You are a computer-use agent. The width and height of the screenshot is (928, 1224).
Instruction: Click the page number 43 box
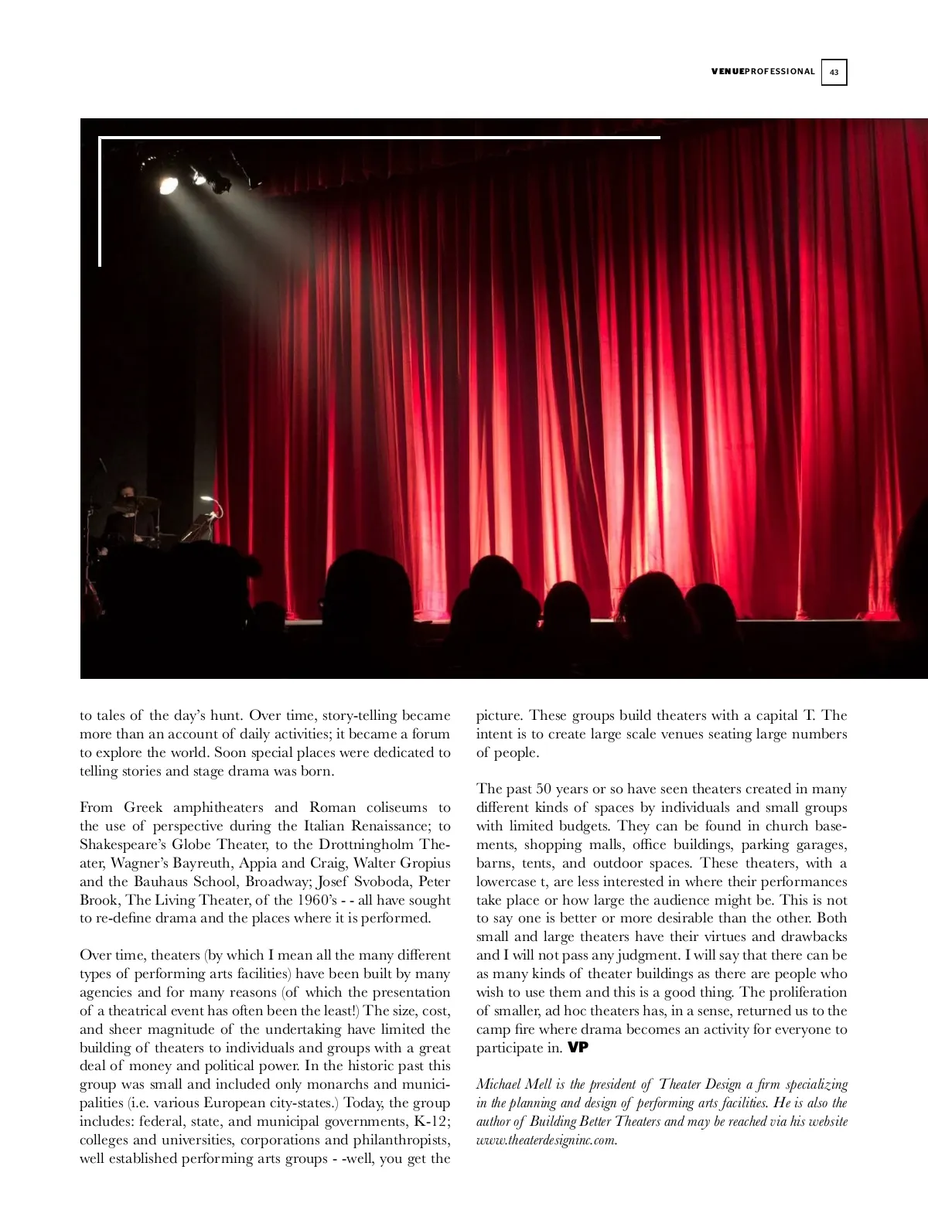click(x=834, y=72)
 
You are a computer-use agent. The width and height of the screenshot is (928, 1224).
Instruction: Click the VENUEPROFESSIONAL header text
click(x=763, y=72)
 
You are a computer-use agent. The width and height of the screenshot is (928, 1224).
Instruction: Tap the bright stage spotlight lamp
click(x=169, y=184)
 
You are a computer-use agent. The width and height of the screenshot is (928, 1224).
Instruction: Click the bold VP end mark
click(x=578, y=1048)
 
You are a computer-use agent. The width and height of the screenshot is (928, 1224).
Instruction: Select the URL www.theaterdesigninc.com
click(x=546, y=1140)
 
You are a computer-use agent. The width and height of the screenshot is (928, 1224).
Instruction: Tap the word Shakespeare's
click(x=122, y=844)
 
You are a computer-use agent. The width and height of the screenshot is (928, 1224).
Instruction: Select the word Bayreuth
click(x=200, y=863)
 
